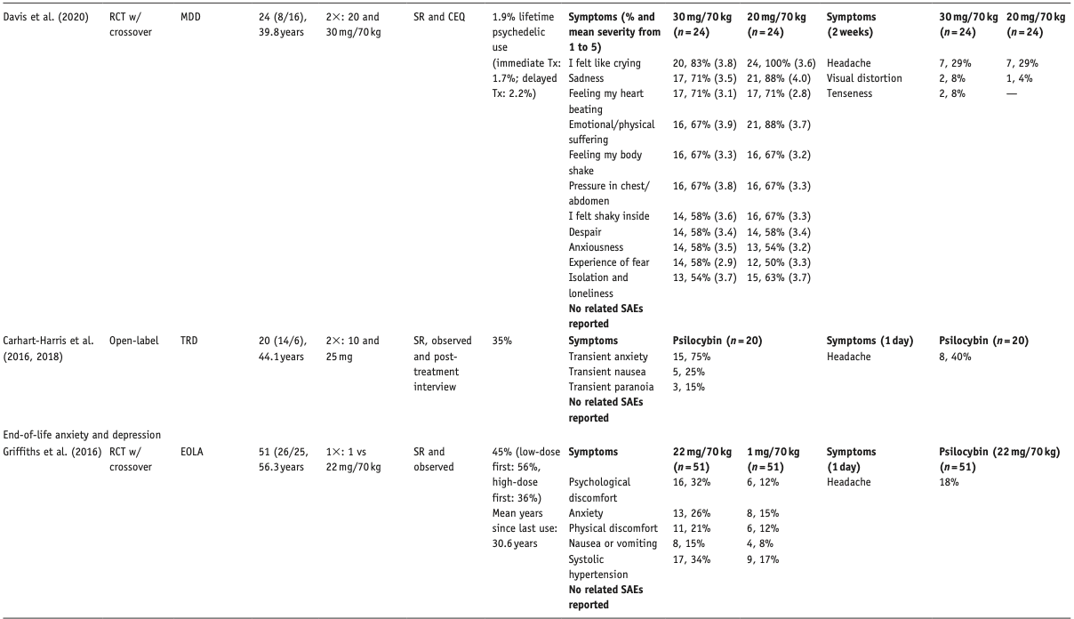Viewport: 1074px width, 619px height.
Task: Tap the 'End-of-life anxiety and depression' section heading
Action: pyautogui.click(x=82, y=435)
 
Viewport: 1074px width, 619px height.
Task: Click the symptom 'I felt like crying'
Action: pyautogui.click(x=604, y=63)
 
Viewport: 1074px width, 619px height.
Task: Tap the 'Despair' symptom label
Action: pyautogui.click(x=586, y=232)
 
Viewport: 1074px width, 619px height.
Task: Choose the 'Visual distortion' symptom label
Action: pyautogui.click(x=864, y=78)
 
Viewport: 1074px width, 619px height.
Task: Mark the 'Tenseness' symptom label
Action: pyautogui.click(x=850, y=93)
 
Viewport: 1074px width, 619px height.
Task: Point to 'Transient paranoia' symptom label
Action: pyautogui.click(x=611, y=387)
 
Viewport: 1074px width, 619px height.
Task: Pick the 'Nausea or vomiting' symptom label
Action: pyautogui.click(x=613, y=543)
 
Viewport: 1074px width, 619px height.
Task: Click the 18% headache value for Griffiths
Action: pyautogui.click(x=949, y=482)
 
